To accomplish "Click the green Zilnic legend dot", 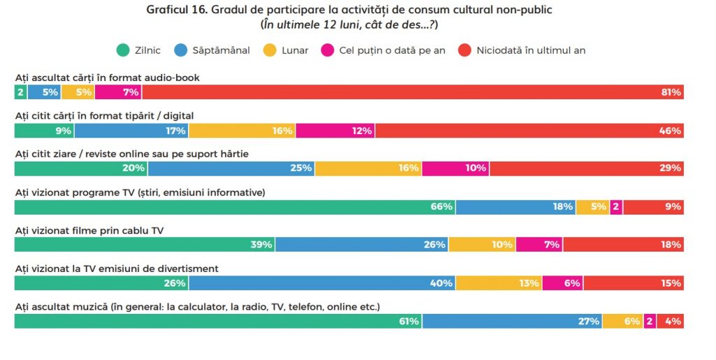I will pyautogui.click(x=123, y=50).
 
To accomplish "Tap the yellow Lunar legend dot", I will pyautogui.click(x=268, y=50).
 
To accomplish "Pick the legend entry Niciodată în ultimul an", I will pyautogui.click(x=530, y=50).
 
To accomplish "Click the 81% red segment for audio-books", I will pyautogui.click(x=413, y=92).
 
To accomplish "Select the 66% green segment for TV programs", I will pyautogui.click(x=235, y=206).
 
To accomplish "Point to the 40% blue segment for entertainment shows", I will pyautogui.click(x=322, y=283).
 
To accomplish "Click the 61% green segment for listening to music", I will pyautogui.click(x=218, y=321).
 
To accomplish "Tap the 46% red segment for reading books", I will pyautogui.click(x=529, y=131).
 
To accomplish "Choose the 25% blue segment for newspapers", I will pyautogui.click(x=231, y=168).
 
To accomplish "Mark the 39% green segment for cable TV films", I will pyautogui.click(x=145, y=245).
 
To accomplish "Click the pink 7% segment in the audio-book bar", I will pyautogui.click(x=118, y=92).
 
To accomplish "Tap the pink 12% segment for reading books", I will pyautogui.click(x=336, y=131).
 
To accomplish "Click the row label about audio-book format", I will pyautogui.click(x=108, y=78).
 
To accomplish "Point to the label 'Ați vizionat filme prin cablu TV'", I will pyautogui.click(x=89, y=230).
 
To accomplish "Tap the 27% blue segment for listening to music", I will pyautogui.click(x=513, y=321).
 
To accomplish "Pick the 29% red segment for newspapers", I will pyautogui.click(x=587, y=168).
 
